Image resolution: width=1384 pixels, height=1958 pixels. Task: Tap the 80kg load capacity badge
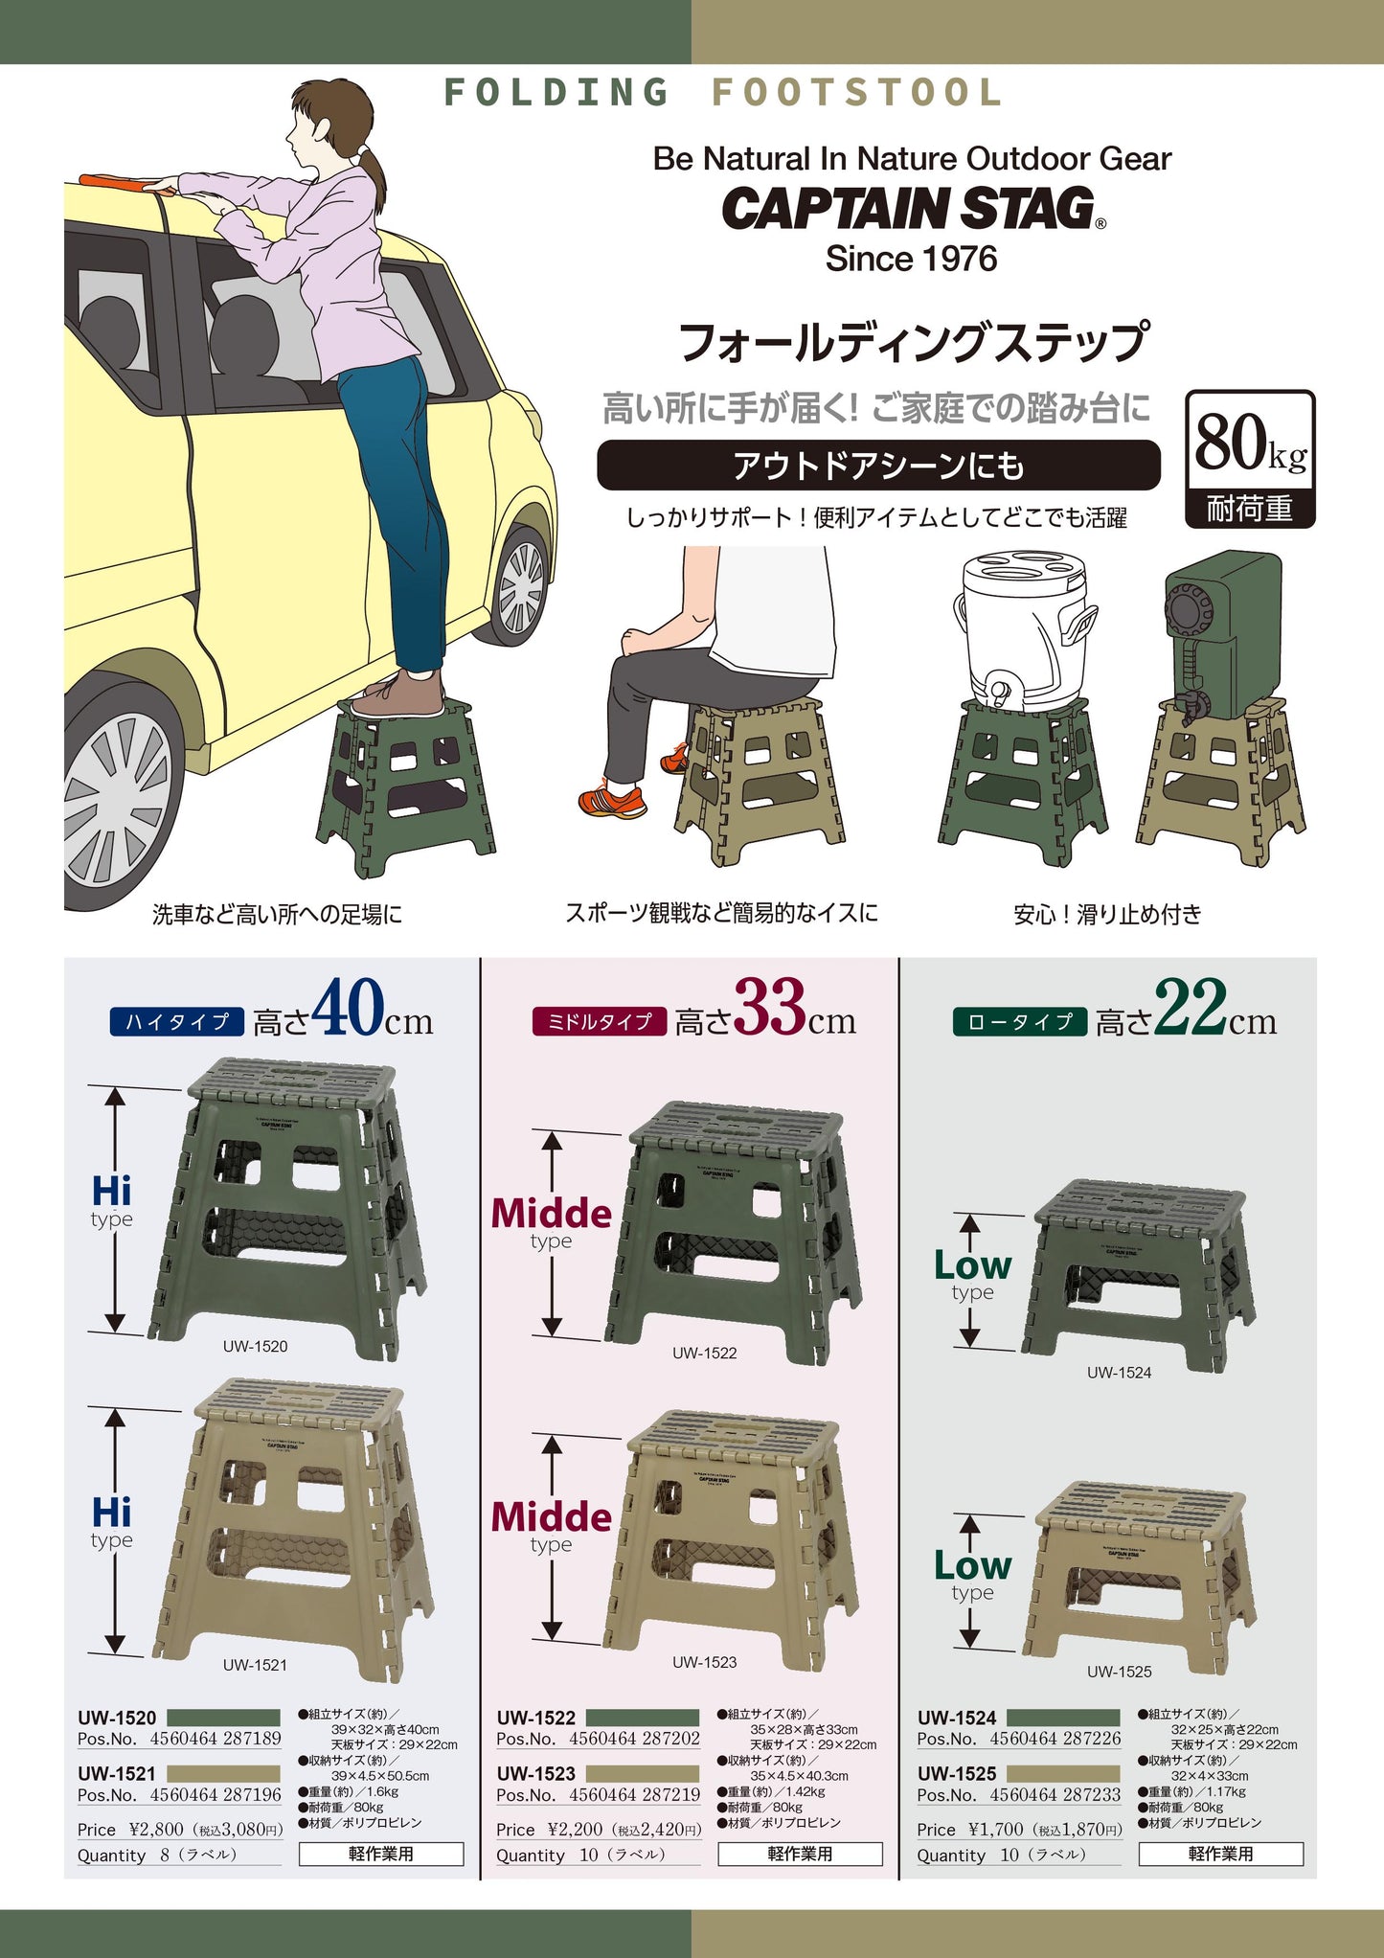tap(1250, 458)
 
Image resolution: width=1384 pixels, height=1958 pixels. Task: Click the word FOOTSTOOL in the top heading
tap(856, 93)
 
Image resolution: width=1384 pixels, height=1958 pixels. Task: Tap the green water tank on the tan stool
tap(1223, 632)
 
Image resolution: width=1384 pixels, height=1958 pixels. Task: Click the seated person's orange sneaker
tap(611, 801)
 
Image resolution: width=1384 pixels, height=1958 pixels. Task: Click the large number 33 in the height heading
tap(769, 1007)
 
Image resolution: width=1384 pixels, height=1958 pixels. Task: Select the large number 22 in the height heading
tap(1191, 1007)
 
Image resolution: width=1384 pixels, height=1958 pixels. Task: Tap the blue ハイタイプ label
tap(177, 1022)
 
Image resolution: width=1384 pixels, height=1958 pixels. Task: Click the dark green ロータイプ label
tap(1019, 1022)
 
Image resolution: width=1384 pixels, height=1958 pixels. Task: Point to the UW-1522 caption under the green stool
tap(704, 1353)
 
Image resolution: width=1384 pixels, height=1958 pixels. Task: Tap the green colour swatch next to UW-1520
tap(223, 1718)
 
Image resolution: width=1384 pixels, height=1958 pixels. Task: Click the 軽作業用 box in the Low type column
tap(1220, 1854)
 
